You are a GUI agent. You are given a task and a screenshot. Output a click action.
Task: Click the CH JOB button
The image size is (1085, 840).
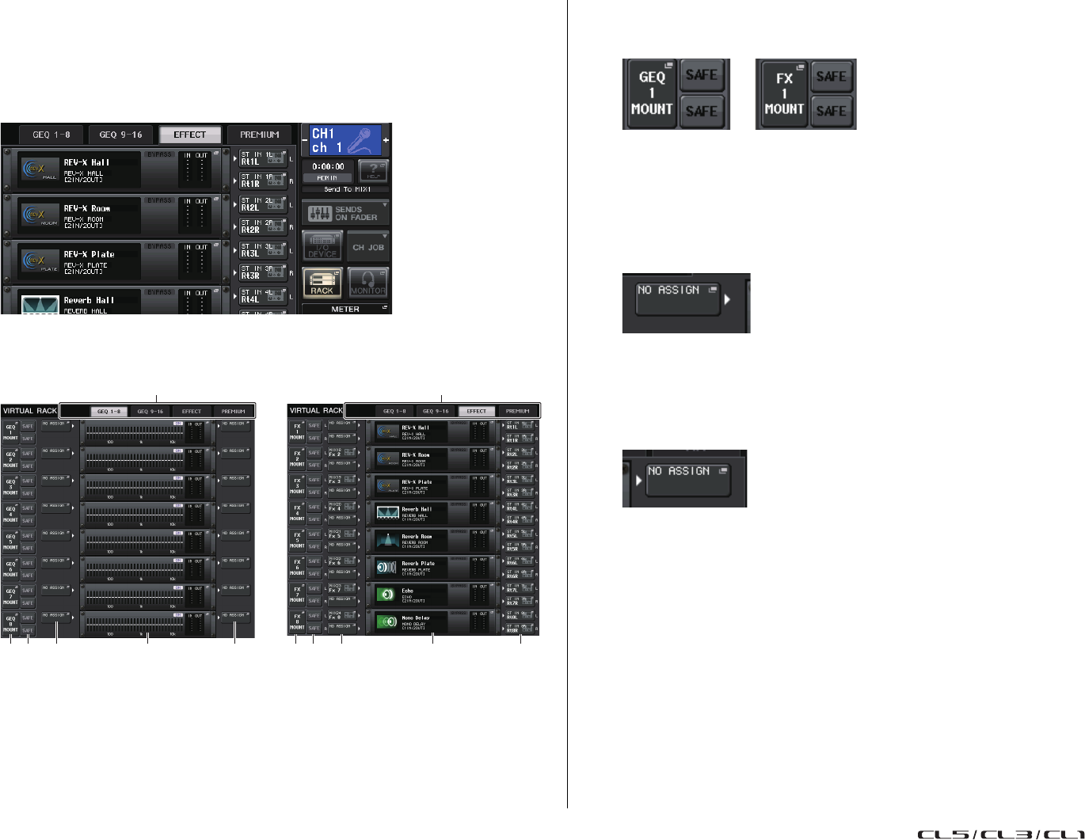point(367,247)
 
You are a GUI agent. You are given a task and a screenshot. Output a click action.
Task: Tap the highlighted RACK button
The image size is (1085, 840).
point(322,282)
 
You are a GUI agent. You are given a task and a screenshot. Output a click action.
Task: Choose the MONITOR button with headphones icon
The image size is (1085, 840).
point(367,282)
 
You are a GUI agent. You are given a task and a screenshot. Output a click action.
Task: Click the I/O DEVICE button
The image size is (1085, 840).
point(322,247)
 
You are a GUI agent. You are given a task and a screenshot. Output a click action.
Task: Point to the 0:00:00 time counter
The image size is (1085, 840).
point(328,167)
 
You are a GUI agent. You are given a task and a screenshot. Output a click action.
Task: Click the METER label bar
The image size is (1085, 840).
point(345,310)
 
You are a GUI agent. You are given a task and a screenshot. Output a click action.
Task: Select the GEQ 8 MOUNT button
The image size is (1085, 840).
point(10,623)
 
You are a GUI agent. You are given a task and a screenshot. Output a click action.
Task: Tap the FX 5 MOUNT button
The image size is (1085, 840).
point(297,540)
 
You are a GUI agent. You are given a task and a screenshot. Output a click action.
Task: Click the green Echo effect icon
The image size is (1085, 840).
point(386,594)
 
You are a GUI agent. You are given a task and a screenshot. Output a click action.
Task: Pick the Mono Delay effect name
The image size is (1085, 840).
point(416,618)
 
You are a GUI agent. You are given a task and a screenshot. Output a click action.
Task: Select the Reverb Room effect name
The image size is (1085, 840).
point(417,537)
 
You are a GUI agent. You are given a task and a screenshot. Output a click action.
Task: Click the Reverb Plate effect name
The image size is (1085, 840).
point(417,564)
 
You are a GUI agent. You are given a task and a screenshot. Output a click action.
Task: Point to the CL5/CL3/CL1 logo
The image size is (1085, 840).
point(1000,834)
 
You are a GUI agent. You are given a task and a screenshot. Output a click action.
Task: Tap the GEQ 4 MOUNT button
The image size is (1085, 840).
point(10,513)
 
